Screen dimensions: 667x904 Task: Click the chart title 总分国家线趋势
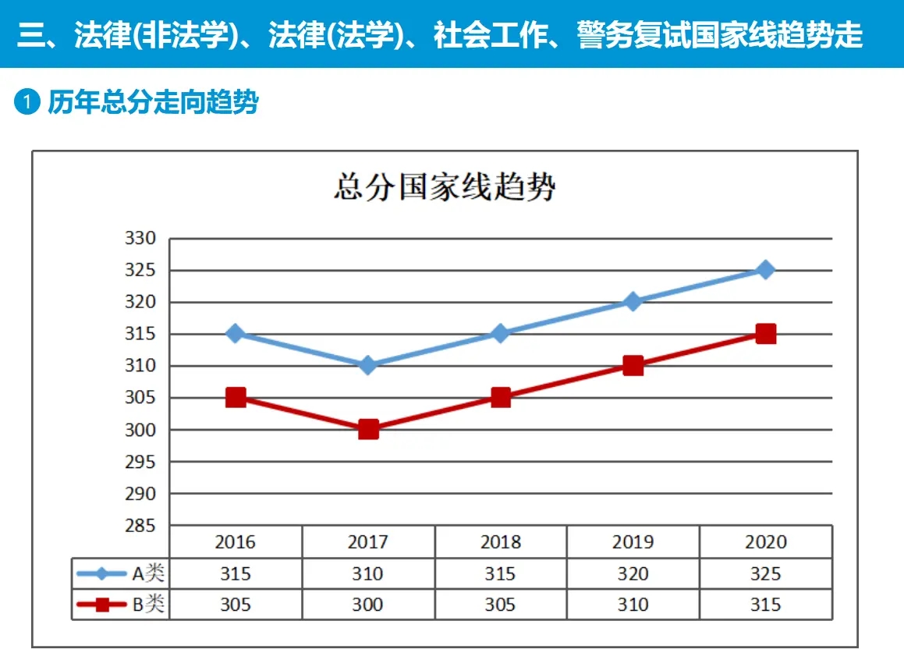point(445,187)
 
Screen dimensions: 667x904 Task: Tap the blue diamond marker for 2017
point(368,365)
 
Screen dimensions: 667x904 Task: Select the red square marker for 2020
point(766,334)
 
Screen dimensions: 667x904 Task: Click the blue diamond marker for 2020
point(766,270)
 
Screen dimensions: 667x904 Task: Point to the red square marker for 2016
point(236,397)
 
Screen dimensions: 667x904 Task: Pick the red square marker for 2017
point(368,429)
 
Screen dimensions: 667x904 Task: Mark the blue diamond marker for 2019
point(633,302)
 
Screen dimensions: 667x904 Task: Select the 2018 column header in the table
point(500,541)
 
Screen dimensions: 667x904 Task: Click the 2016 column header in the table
point(236,541)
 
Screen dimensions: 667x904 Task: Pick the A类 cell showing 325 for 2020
point(765,573)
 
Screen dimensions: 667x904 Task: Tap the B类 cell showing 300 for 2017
point(367,605)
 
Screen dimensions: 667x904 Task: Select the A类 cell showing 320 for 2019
point(633,573)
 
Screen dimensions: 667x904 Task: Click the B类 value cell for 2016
point(236,605)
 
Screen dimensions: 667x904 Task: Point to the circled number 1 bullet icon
point(27,102)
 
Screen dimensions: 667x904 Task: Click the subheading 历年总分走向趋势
point(153,102)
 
